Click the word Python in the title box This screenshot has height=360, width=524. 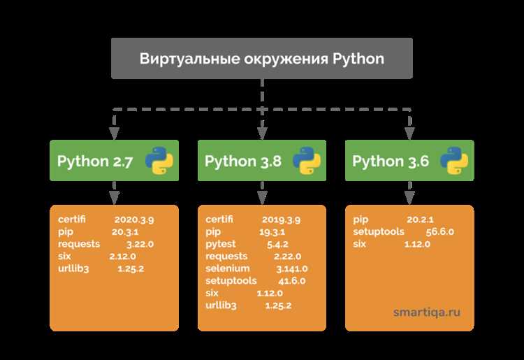pyautogui.click(x=358, y=59)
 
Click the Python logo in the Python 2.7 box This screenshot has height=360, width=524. pyautogui.click(x=159, y=161)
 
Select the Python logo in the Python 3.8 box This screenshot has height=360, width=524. pyautogui.click(x=307, y=161)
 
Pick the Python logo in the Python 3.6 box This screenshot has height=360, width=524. pyautogui.click(x=454, y=161)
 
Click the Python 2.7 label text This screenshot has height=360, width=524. pyautogui.click(x=95, y=161)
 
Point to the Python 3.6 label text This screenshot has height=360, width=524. pyautogui.click(x=391, y=161)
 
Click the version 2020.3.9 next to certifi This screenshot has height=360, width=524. pyautogui.click(x=134, y=219)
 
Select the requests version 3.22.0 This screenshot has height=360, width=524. pyautogui.click(x=140, y=245)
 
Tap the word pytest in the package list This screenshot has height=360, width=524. pyautogui.click(x=221, y=245)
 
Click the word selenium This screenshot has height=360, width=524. pyautogui.click(x=228, y=268)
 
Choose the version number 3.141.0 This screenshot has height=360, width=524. pyautogui.click(x=292, y=268)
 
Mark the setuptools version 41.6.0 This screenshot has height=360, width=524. pyautogui.click(x=292, y=281)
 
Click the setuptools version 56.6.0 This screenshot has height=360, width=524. pyautogui.click(x=439, y=232)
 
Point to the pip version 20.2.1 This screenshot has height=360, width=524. pyautogui.click(x=420, y=219)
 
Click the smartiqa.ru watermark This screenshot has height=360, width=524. pyautogui.click(x=427, y=312)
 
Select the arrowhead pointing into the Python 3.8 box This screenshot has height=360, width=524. pyautogui.click(x=262, y=134)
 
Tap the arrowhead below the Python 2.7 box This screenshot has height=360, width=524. pyautogui.click(x=115, y=198)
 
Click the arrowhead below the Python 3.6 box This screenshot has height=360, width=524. pyautogui.click(x=409, y=198)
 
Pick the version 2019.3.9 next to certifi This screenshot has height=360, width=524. pyautogui.click(x=281, y=219)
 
